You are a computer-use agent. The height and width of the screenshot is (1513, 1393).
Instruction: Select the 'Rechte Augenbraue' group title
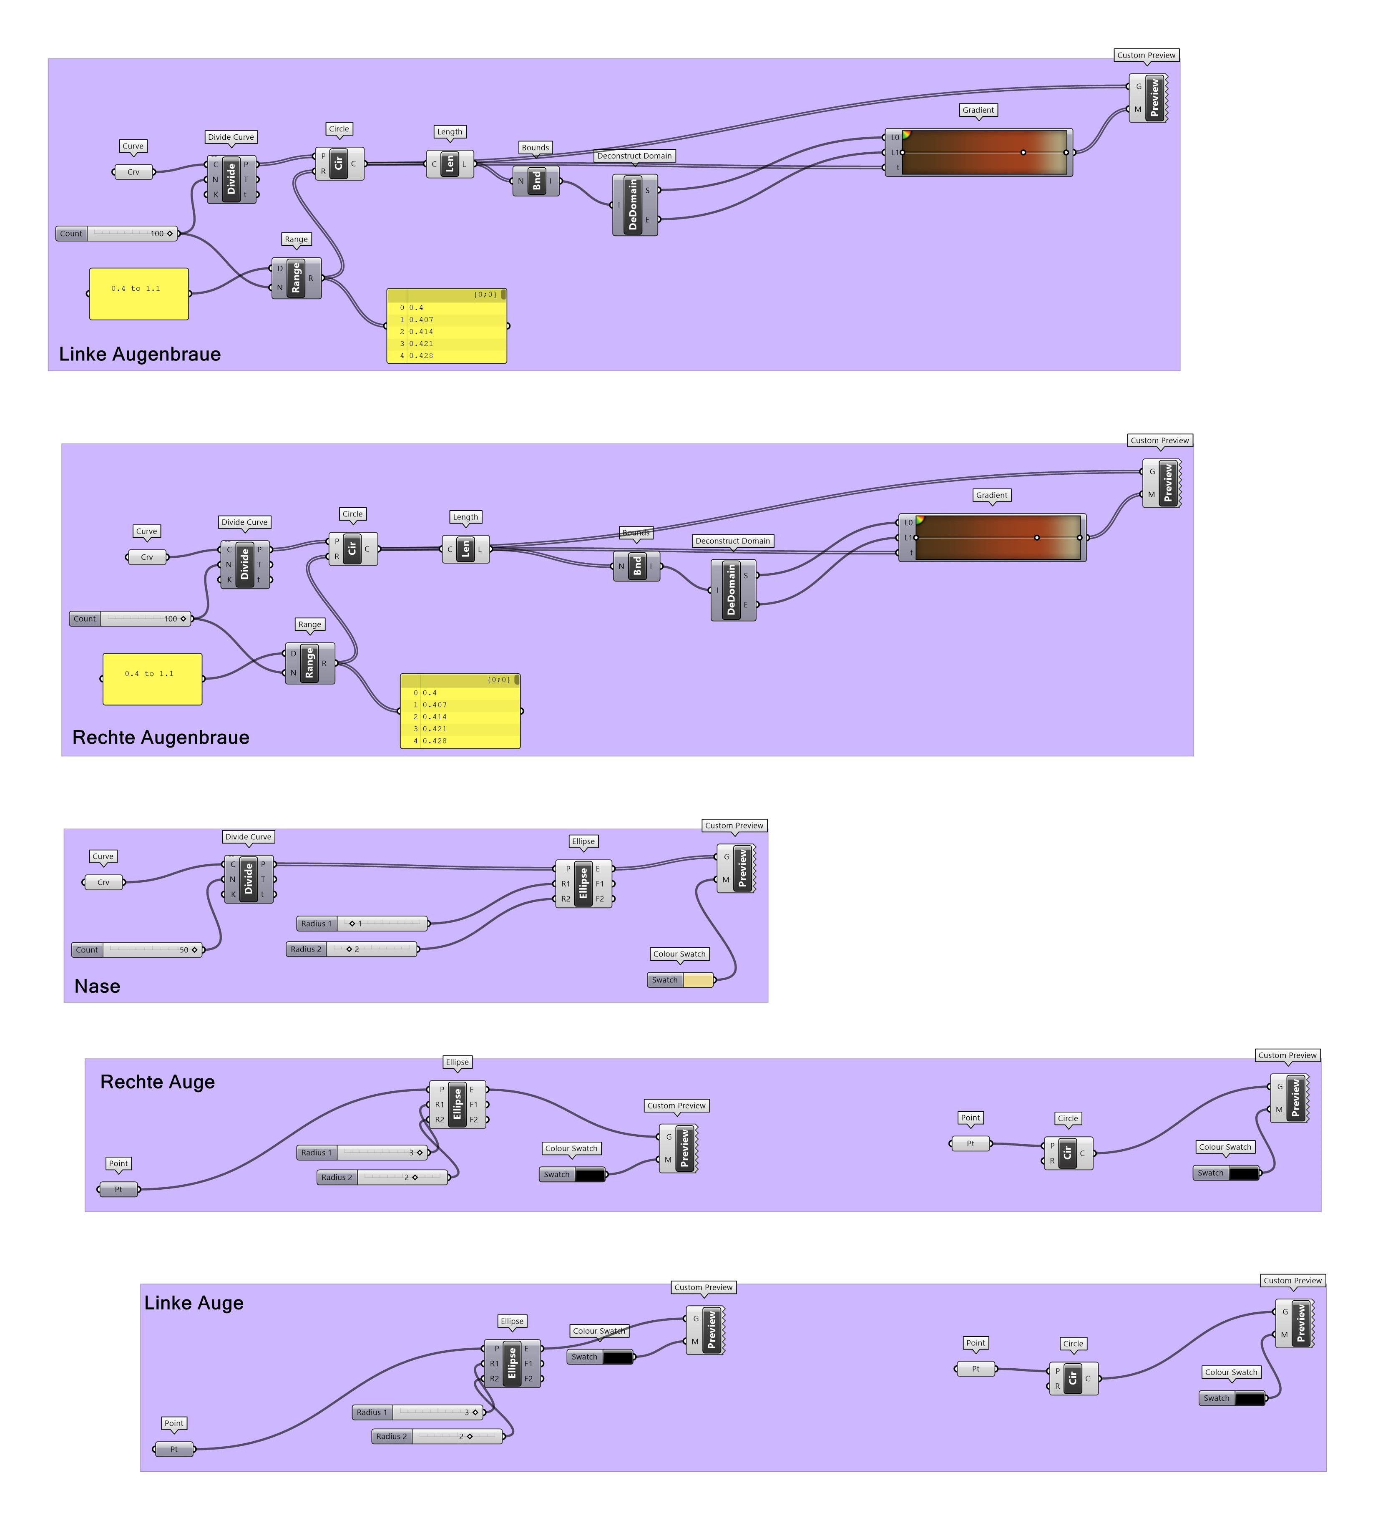[161, 737]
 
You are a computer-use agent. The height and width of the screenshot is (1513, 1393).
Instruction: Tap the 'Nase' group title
[97, 986]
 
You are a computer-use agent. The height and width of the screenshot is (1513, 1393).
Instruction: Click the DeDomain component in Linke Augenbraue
[633, 205]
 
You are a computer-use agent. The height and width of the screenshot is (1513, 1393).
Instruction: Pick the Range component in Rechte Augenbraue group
[309, 663]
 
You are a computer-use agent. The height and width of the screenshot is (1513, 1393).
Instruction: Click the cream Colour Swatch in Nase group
[697, 980]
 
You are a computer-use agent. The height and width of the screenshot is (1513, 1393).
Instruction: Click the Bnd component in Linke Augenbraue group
[536, 181]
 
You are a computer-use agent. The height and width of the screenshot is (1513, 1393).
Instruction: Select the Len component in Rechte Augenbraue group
[465, 549]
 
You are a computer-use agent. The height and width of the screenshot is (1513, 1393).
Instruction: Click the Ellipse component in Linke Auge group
[512, 1363]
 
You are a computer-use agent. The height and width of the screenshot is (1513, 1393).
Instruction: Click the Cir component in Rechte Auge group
[1067, 1153]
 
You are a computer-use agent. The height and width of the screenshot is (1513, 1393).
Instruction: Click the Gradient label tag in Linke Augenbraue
[978, 110]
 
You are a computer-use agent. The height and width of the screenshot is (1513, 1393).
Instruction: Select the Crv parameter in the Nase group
[103, 882]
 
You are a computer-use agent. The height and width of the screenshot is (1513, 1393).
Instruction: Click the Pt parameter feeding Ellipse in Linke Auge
[173, 1449]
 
